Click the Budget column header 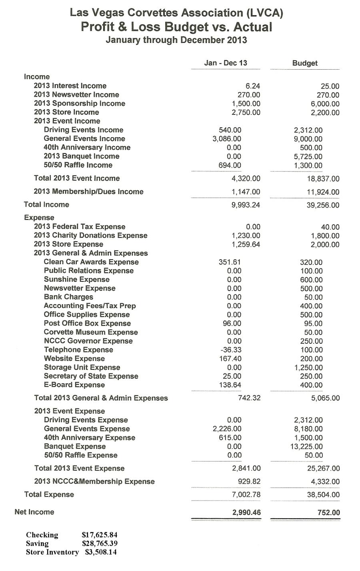[305, 63]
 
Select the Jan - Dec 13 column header [226, 63]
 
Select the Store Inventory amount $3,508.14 [101, 552]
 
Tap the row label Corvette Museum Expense [91, 332]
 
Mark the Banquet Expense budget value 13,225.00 [306, 447]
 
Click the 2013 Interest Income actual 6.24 [253, 86]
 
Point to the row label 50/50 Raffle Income [78, 165]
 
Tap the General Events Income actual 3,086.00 [227, 139]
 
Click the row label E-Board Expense [74, 385]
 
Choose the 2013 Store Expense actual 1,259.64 [246, 244]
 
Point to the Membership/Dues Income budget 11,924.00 [323, 192]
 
